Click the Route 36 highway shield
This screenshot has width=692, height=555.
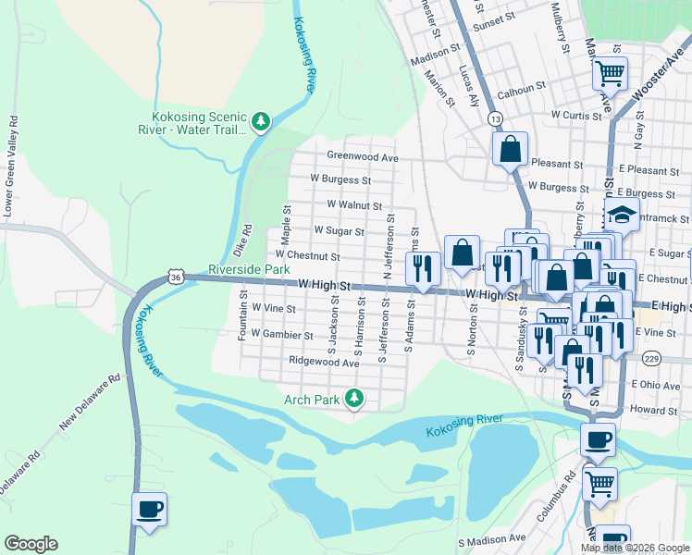(x=176, y=276)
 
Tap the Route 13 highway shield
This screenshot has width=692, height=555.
(x=496, y=119)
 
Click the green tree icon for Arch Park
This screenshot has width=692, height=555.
(x=352, y=399)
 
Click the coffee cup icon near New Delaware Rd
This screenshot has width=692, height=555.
(x=150, y=509)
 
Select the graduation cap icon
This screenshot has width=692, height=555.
(x=623, y=218)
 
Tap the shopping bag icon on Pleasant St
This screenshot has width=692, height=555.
(x=510, y=147)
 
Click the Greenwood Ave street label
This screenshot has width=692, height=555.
(x=362, y=158)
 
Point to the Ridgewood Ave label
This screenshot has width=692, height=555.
(x=323, y=363)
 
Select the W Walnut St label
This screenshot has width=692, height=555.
(x=354, y=205)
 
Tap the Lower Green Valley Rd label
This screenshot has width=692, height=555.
(x=11, y=166)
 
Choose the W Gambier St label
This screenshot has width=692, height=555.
(x=277, y=335)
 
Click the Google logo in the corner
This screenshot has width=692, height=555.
(x=31, y=544)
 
